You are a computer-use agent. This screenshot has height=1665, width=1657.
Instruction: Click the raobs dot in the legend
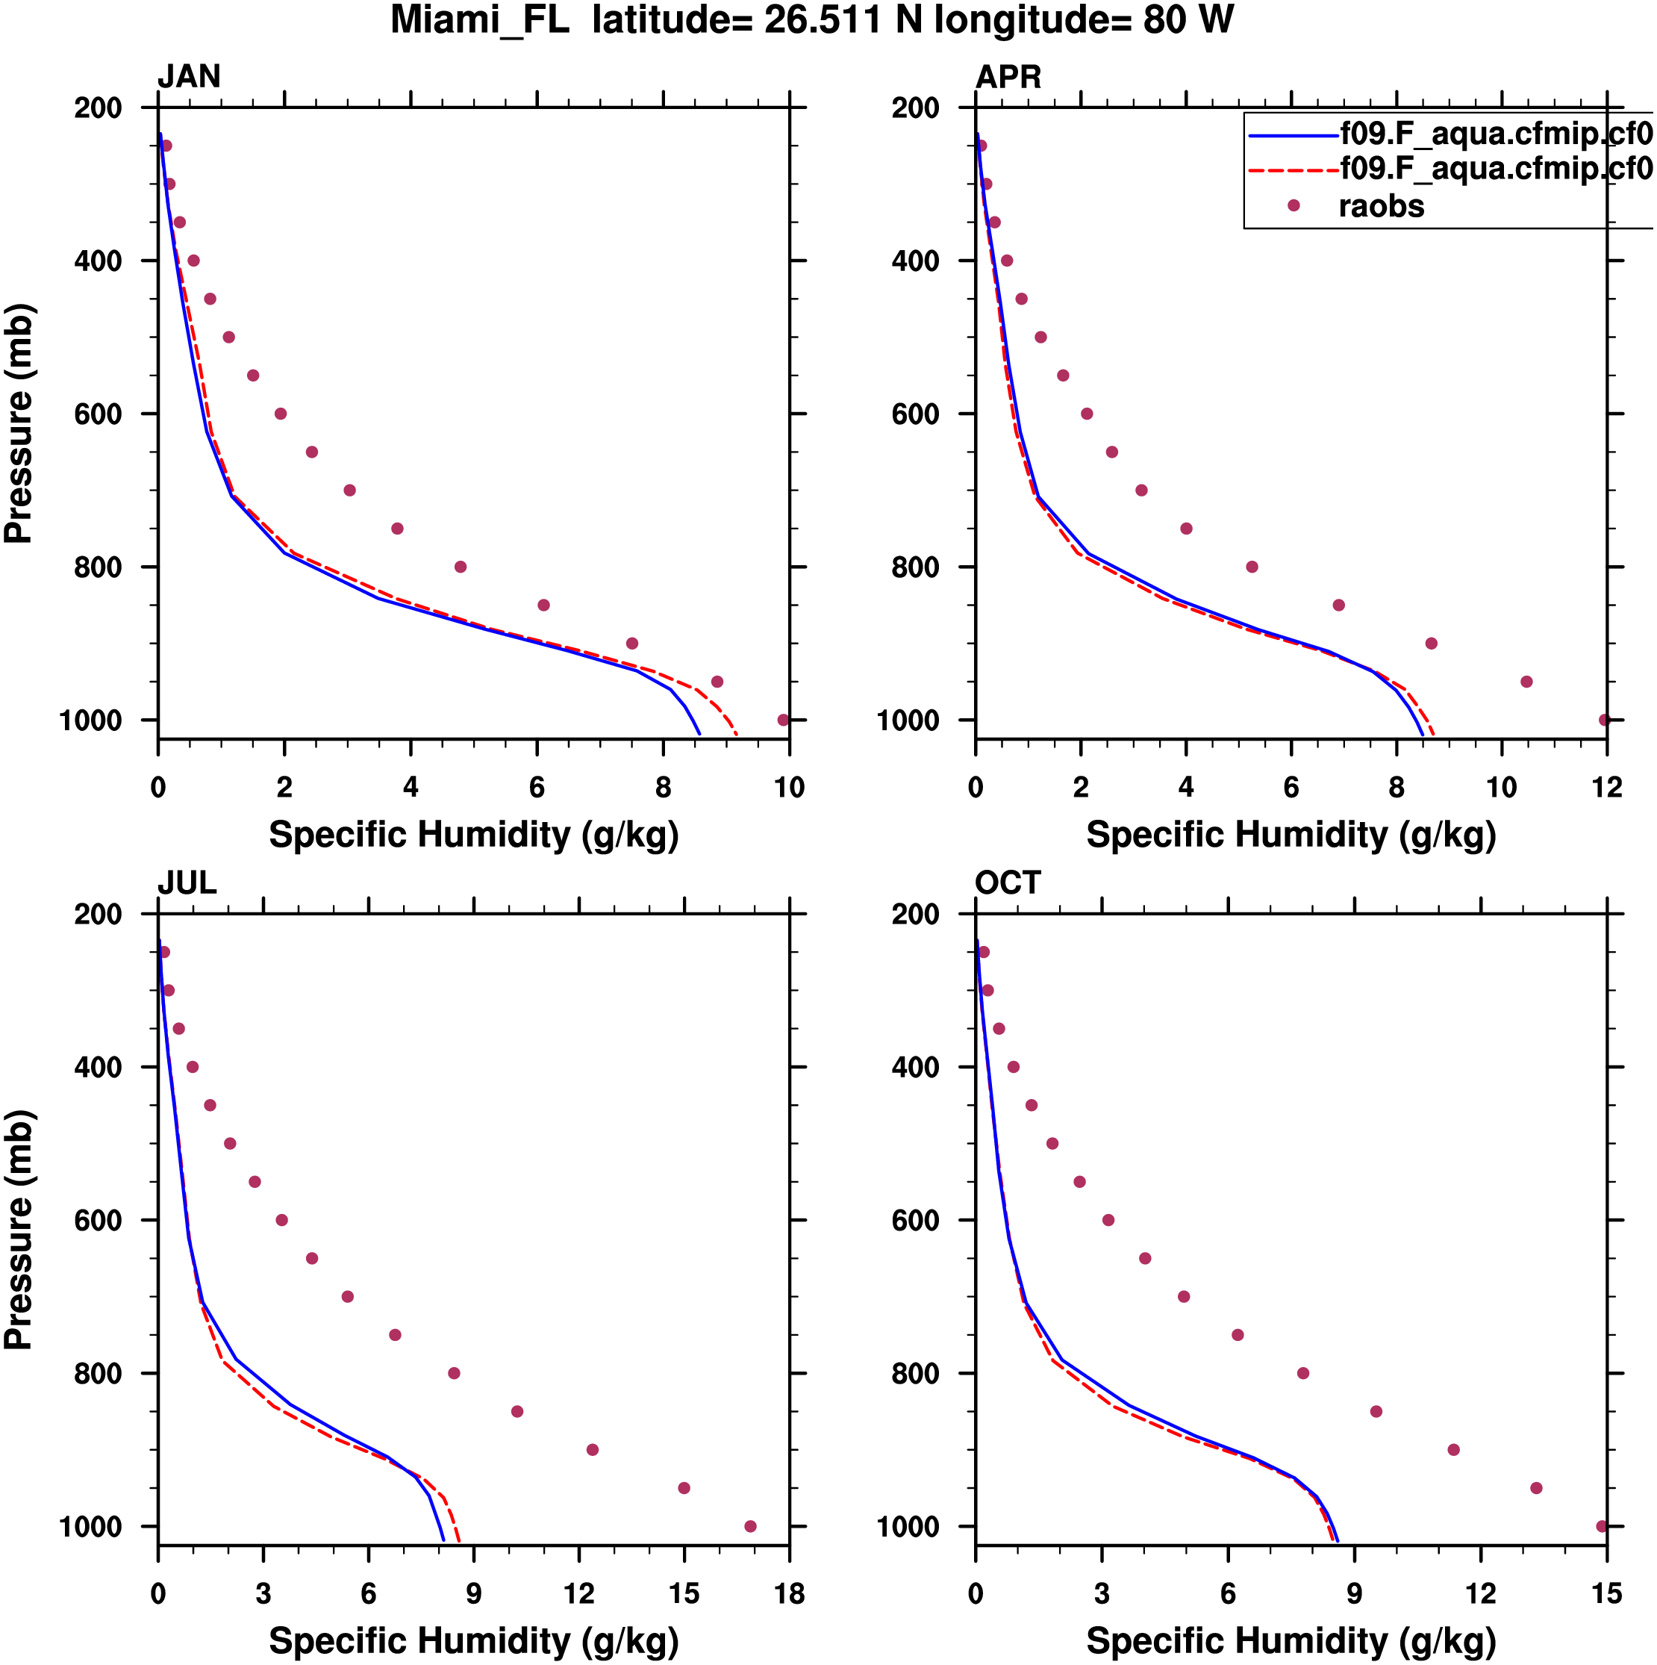pos(1293,205)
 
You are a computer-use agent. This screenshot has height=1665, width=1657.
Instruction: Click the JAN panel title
pos(189,78)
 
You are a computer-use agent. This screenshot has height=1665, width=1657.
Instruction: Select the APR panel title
pos(1008,78)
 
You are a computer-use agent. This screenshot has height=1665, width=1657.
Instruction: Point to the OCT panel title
pos(1008,883)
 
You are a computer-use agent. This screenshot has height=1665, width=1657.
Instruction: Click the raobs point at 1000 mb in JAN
pos(782,720)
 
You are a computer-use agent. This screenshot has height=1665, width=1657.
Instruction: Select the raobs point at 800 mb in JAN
pos(460,567)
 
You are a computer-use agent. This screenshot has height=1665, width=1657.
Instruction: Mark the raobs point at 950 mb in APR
pos(1526,682)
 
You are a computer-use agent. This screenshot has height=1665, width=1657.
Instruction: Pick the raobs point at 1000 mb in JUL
pos(749,1526)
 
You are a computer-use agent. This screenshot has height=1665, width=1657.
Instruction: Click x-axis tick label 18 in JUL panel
pos(788,1593)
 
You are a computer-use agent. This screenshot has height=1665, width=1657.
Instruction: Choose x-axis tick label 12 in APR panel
pos(1606,787)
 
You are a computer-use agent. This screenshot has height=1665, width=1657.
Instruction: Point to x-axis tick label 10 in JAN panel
pos(788,787)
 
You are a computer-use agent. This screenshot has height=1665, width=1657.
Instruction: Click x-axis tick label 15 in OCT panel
pos(1606,1593)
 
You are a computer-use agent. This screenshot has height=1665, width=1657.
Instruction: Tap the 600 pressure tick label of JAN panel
pos(97,414)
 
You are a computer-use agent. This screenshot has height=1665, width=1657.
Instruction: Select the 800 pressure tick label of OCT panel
pos(915,1374)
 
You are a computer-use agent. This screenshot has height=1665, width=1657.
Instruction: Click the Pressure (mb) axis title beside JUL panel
pos(19,1230)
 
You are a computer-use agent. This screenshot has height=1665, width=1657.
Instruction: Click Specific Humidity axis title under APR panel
pos(1291,835)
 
